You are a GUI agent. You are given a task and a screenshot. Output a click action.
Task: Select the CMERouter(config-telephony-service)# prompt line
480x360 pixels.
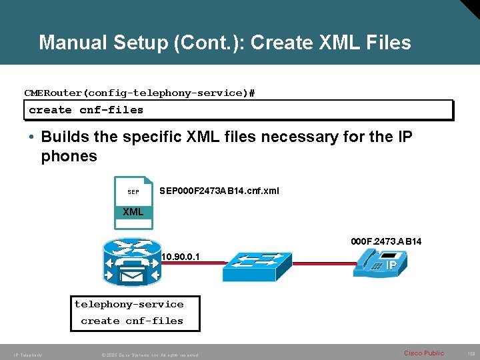click(139, 93)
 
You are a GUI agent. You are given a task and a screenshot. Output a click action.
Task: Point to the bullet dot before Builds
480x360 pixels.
click(31, 137)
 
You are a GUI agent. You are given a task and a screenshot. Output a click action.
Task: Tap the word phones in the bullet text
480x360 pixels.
click(69, 157)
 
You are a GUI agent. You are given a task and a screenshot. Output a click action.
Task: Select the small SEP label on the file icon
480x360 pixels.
click(133, 192)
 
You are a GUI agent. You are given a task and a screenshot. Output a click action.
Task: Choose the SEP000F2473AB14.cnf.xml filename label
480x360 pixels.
click(219, 191)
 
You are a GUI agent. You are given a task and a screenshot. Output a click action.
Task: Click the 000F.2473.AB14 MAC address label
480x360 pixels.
click(386, 241)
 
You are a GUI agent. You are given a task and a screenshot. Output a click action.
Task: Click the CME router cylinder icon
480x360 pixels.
click(132, 262)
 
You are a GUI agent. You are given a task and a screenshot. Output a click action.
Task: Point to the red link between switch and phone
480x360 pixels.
click(323, 265)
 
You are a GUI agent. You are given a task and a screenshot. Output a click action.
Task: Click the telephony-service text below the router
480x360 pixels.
click(129, 304)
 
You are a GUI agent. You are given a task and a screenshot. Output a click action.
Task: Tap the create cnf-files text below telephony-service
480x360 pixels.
click(132, 321)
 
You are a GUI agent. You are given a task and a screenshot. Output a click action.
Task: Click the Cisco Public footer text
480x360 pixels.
click(423, 353)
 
